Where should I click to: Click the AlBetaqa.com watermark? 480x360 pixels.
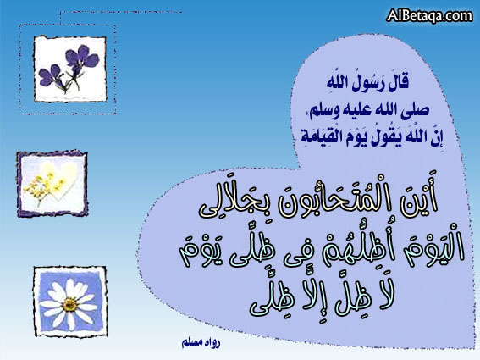click(429, 15)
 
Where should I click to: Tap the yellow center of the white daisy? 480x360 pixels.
click(70, 303)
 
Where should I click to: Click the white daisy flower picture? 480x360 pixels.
click(70, 302)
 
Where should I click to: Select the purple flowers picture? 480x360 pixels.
click(70, 69)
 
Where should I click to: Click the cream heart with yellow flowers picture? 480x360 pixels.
click(52, 184)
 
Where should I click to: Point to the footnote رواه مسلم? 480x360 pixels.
click(201, 342)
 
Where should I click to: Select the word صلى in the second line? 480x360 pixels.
click(417, 110)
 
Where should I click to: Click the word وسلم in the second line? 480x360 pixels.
click(320, 111)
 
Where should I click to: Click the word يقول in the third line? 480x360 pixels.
click(386, 138)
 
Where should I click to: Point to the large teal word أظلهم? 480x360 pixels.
click(352, 250)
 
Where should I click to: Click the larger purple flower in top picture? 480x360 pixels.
click(81, 58)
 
